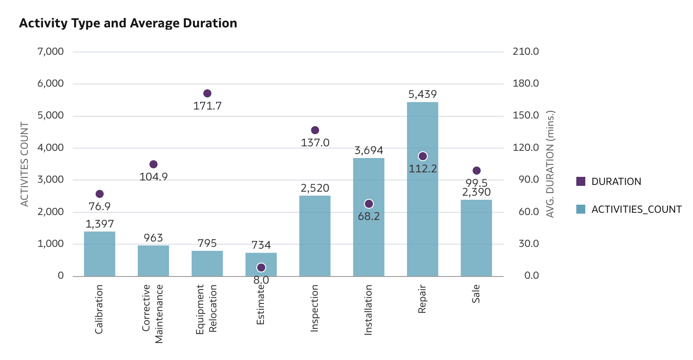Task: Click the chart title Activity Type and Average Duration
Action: [128, 23]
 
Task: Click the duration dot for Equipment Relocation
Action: [207, 93]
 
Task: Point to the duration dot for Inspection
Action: [315, 130]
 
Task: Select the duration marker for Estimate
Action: [261, 268]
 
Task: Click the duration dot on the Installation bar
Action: [369, 204]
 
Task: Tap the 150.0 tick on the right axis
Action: [526, 115]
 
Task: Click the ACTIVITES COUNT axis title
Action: [25, 164]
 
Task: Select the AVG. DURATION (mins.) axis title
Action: [550, 164]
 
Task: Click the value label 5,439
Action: [422, 94]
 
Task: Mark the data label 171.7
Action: [207, 106]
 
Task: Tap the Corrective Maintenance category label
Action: [153, 313]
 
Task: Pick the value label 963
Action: [154, 238]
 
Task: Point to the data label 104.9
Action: [154, 177]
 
